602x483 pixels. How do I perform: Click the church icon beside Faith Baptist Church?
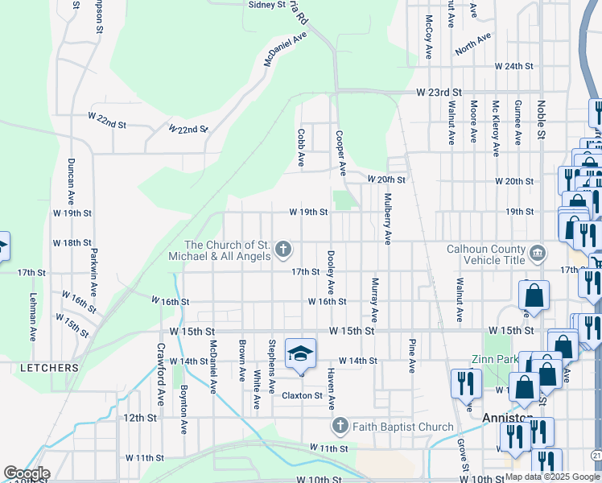pyautogui.click(x=340, y=426)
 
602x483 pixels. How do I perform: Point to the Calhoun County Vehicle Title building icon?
pyautogui.click(x=538, y=254)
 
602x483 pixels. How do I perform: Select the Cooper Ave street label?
pyautogui.click(x=340, y=154)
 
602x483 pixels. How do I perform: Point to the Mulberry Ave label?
pyautogui.click(x=388, y=218)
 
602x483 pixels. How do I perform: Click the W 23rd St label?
pyautogui.click(x=439, y=93)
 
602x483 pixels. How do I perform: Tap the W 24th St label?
pyautogui.click(x=513, y=65)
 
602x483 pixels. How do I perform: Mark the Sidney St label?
pyautogui.click(x=266, y=5)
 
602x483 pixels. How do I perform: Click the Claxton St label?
pyautogui.click(x=302, y=395)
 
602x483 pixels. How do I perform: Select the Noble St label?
pyautogui.click(x=542, y=118)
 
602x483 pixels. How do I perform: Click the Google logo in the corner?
pyautogui.click(x=26, y=473)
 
